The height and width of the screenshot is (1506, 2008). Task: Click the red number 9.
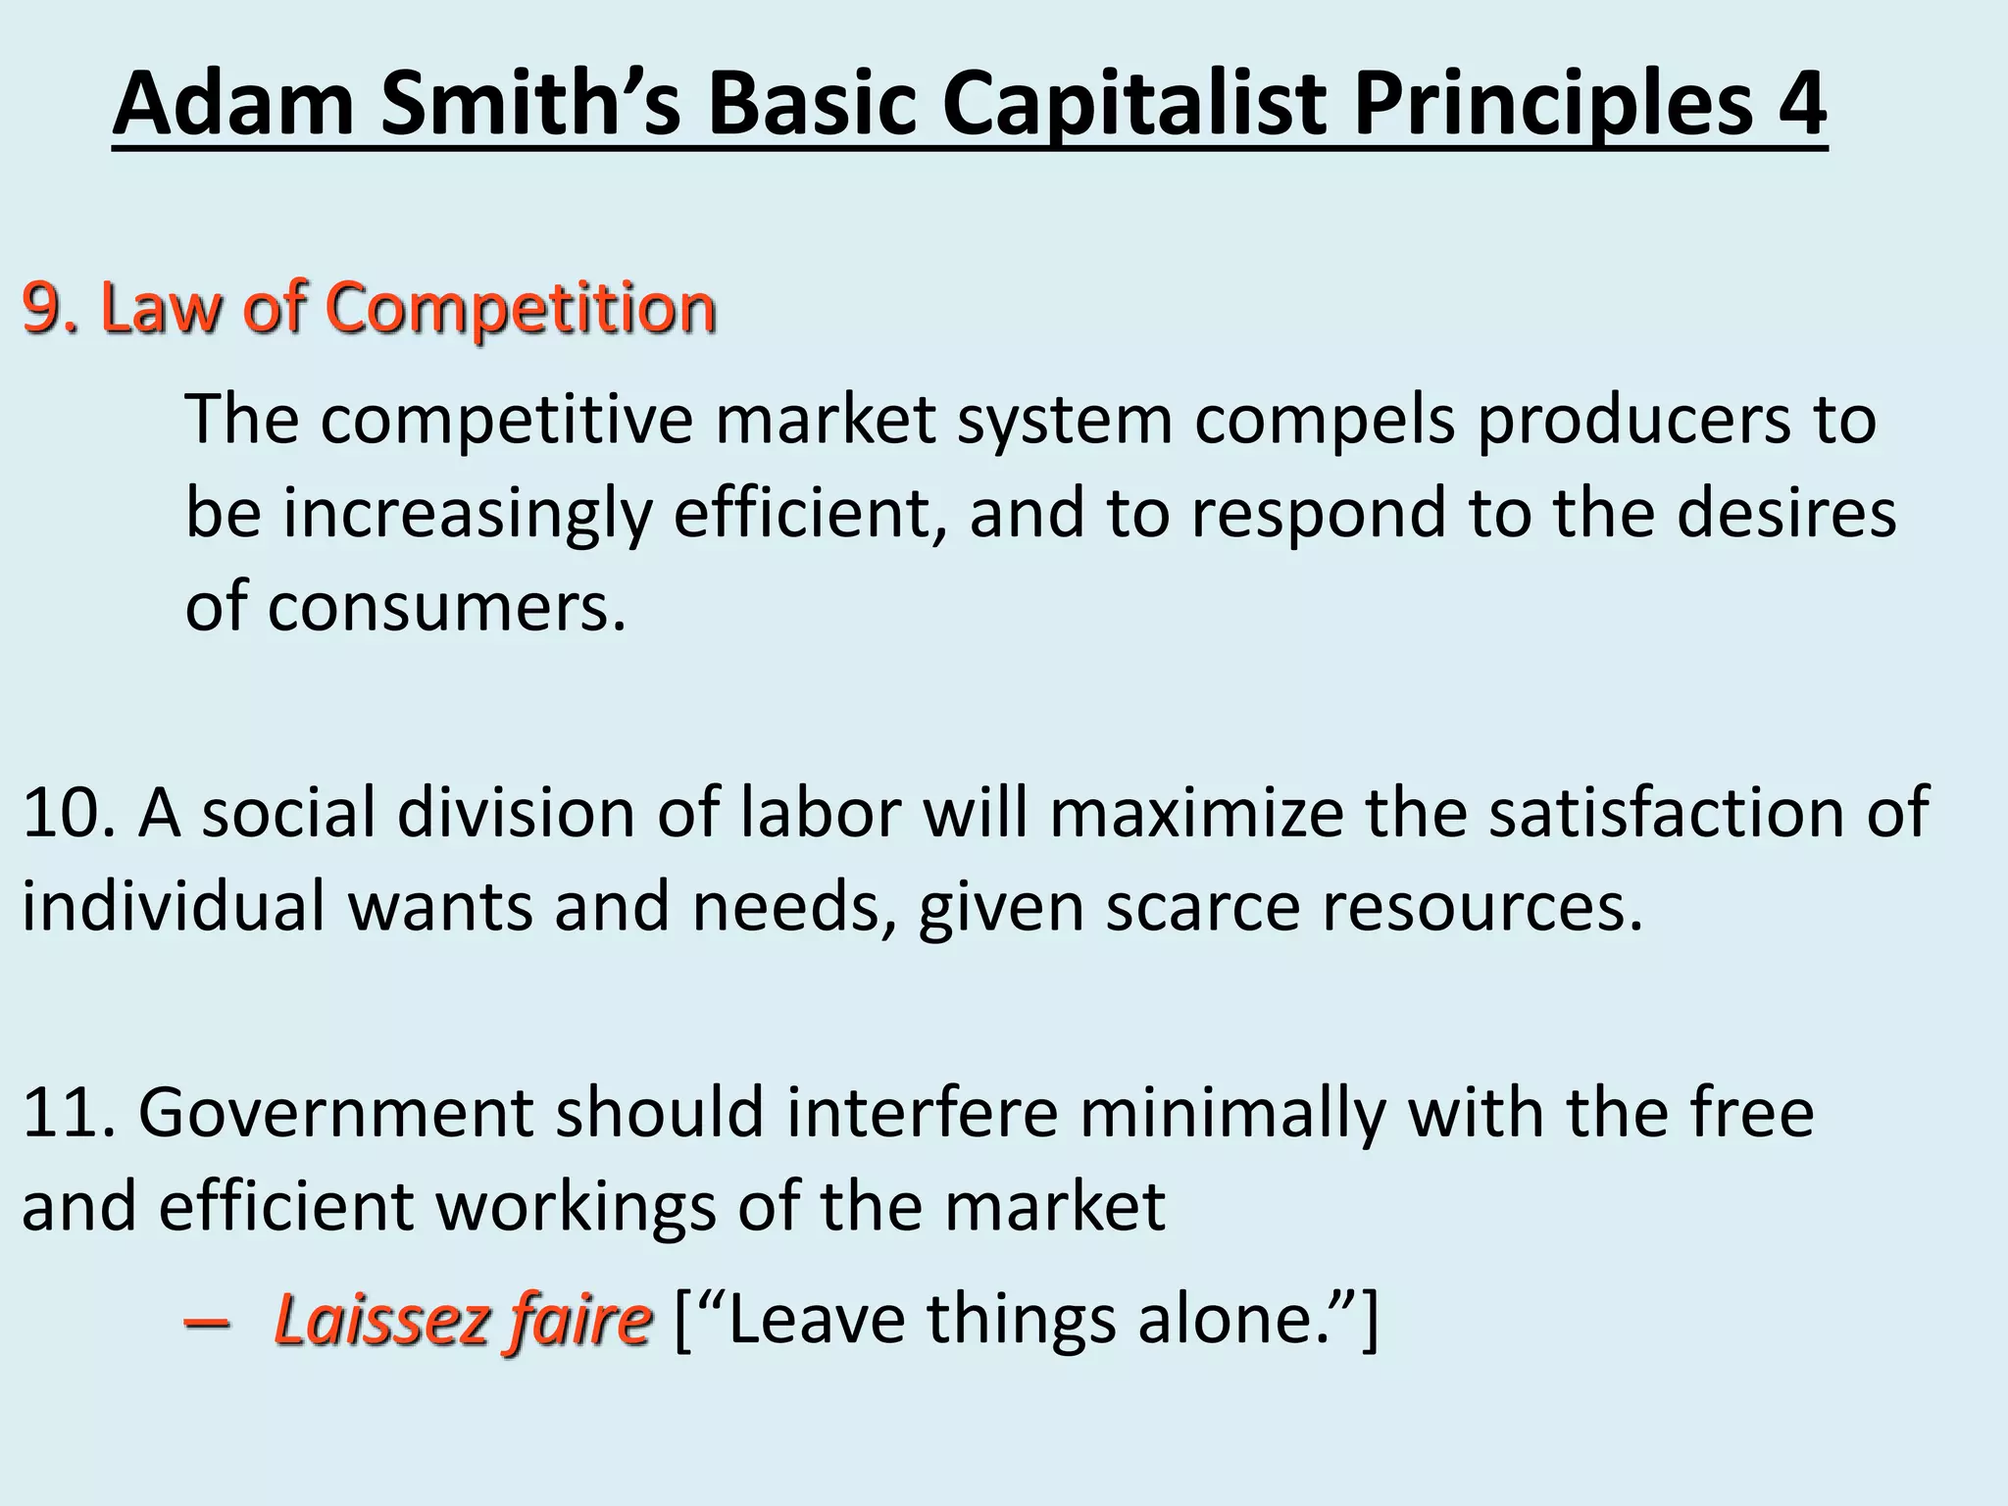point(44,308)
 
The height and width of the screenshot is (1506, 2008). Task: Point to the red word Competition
point(521,310)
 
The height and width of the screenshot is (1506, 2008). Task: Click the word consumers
point(446,608)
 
